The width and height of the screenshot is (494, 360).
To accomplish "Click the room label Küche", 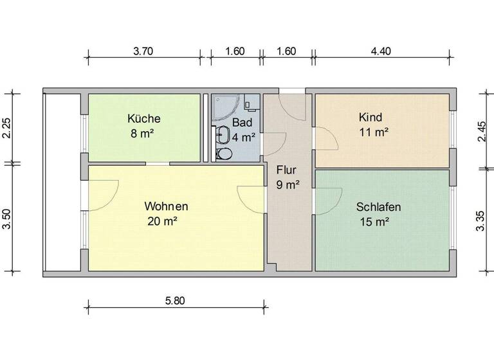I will tap(143, 119).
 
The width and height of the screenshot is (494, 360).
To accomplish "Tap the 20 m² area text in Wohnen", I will tap(161, 221).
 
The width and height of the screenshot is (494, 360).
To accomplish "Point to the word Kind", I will tap(371, 118).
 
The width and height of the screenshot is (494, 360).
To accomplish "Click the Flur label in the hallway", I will tap(286, 170).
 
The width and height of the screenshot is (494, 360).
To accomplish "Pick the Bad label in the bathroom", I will tap(242, 122).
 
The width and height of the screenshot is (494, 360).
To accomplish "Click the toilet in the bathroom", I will tap(224, 154).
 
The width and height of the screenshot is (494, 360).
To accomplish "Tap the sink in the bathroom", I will tap(223, 134).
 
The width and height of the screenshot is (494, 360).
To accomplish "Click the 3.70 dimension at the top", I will tap(143, 51).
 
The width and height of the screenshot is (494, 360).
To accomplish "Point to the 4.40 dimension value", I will tap(381, 51).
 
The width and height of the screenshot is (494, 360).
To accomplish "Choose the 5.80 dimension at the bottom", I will tap(175, 300).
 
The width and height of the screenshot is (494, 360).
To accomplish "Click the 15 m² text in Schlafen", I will tap(377, 222).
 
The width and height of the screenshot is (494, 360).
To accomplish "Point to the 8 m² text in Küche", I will tap(143, 134).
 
